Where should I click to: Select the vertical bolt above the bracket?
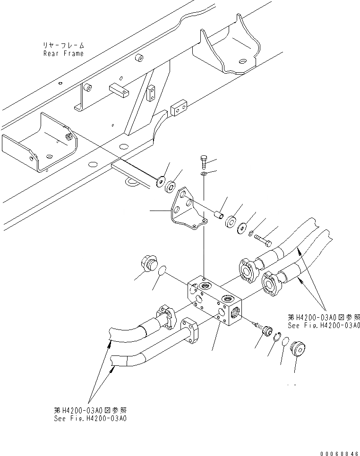point(203,163)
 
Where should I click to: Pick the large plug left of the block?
point(150,263)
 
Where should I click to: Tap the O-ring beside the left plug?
point(162,271)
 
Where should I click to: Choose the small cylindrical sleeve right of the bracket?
point(218,215)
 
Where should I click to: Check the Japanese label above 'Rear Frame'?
point(63,46)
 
